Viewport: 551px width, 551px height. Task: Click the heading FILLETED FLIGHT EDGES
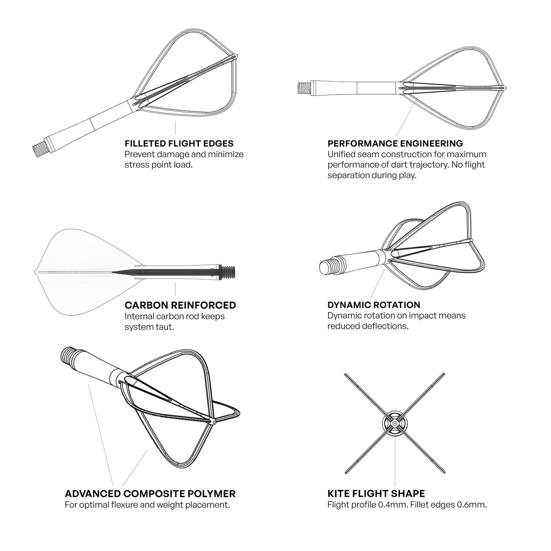[179, 144]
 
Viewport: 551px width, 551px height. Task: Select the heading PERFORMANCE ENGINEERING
[395, 144]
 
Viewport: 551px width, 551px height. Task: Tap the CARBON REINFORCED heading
[180, 305]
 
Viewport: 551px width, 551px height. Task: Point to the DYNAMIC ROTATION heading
[374, 305]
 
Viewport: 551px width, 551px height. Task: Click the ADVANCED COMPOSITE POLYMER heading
[150, 494]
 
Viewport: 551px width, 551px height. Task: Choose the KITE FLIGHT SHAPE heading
[376, 494]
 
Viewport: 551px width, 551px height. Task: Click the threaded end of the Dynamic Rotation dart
[327, 266]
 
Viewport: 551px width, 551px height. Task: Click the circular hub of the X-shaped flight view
[394, 422]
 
